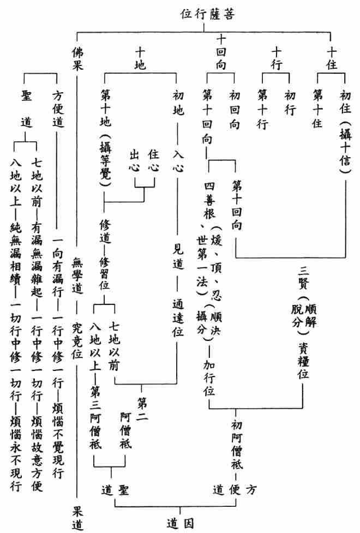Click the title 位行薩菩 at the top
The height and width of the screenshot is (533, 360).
tap(207, 14)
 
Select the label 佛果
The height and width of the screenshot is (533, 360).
tap(77, 58)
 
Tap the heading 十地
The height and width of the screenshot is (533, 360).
tap(140, 58)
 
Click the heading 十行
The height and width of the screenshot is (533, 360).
tap(277, 58)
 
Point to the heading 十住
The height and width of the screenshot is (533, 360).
tap(332, 58)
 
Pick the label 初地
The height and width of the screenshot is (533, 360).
tap(178, 103)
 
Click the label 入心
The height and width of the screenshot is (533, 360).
tap(178, 160)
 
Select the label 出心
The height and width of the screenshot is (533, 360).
tap(135, 160)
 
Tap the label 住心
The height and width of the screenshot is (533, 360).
tap(153, 160)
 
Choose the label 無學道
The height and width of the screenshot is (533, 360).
tap(77, 276)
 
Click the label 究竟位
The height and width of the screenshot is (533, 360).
tap(77, 340)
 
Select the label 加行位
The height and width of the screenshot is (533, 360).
tap(209, 378)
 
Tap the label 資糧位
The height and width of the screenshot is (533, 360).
tap(303, 361)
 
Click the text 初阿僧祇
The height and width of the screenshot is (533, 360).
tap(237, 444)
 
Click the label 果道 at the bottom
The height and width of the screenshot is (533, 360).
tap(77, 518)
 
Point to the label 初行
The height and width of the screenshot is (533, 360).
tap(290, 103)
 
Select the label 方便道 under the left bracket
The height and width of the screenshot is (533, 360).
tap(58, 109)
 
